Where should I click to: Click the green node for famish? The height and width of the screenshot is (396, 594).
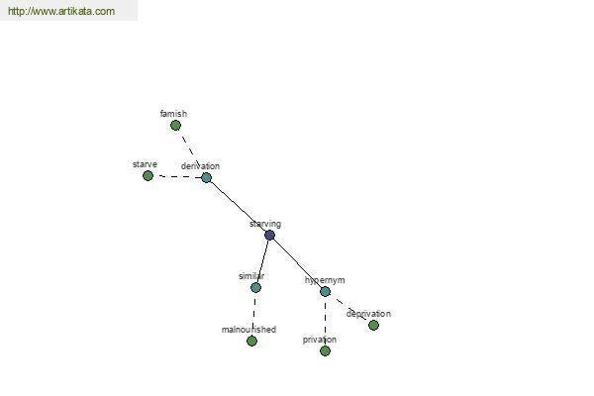[175, 126]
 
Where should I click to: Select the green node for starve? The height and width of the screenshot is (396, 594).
[148, 176]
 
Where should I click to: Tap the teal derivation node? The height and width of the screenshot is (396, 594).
[206, 178]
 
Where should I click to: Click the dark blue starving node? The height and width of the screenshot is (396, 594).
[269, 236]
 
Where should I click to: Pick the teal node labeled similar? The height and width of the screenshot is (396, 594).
[255, 288]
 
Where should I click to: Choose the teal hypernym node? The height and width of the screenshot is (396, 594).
[325, 291]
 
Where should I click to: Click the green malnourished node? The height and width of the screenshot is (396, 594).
[251, 341]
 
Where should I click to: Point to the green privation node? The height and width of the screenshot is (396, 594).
[325, 350]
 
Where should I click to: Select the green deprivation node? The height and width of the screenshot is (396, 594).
[373, 325]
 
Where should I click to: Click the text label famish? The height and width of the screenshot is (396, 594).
[173, 114]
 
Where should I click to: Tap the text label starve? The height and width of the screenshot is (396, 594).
[145, 164]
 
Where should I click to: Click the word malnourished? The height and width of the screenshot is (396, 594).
[248, 330]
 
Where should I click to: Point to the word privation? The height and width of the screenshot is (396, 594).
[320, 340]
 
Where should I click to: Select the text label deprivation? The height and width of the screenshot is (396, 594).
[368, 314]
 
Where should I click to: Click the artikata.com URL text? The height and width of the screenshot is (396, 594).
[61, 11]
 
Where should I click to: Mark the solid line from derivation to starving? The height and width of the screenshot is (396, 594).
[238, 207]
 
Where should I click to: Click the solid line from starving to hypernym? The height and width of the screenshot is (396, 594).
[297, 263]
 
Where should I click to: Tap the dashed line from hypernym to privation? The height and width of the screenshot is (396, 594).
[325, 321]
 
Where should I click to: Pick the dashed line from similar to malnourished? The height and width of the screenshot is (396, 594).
[253, 315]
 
